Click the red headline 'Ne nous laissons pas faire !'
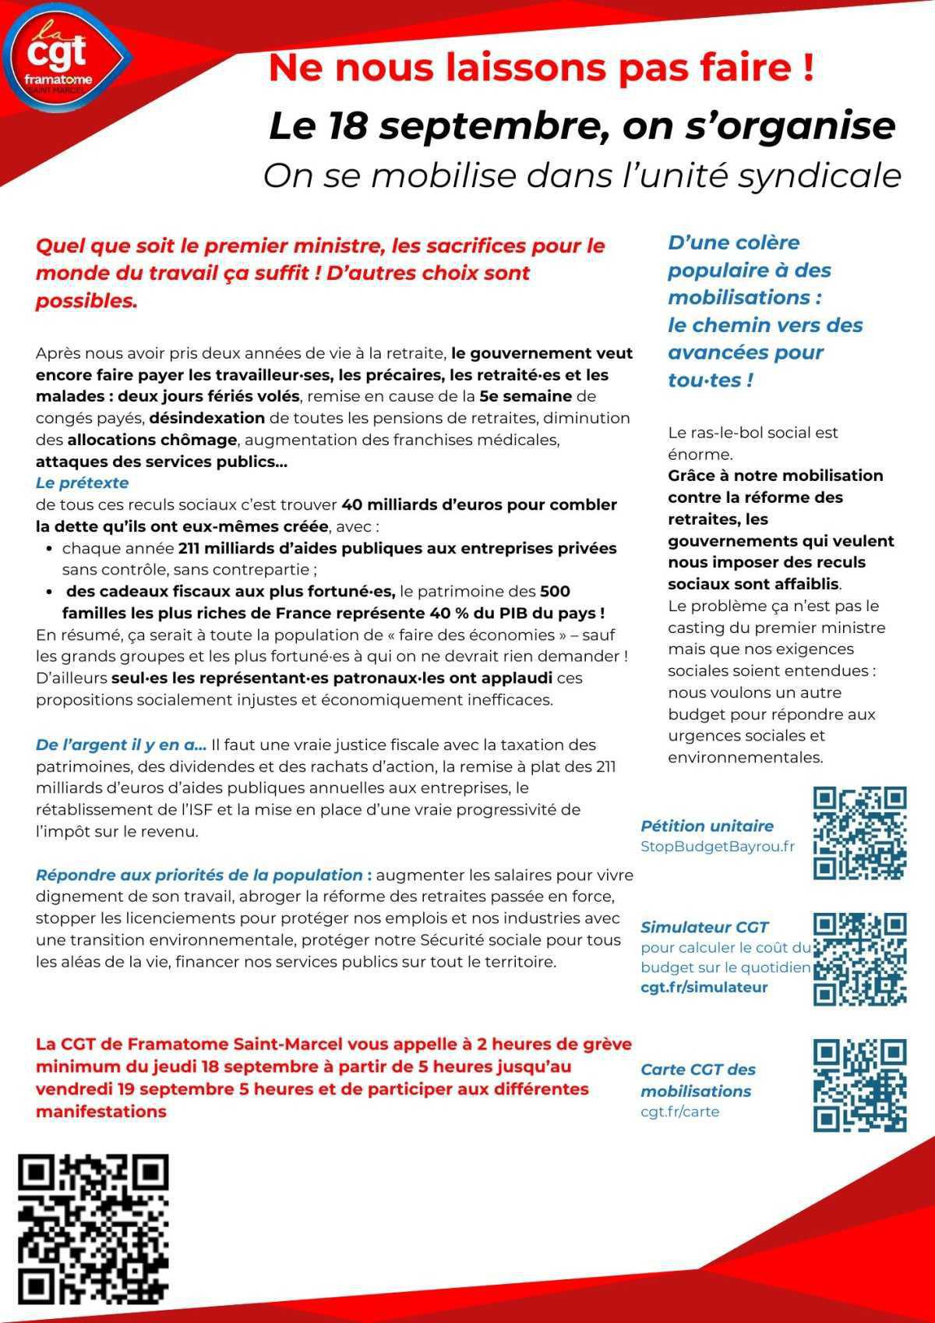coord(541,67)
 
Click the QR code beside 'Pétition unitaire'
coord(859,833)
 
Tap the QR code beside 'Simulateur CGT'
coord(859,958)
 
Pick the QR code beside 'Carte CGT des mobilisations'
coord(859,1084)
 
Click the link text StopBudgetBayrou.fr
coord(717,847)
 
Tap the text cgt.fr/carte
coord(679,1112)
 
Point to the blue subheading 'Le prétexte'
coord(82,483)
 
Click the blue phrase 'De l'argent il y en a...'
coord(121,745)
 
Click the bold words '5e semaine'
coord(525,396)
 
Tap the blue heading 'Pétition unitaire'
coord(707,826)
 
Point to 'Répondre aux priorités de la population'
coord(199,875)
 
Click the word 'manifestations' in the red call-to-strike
coord(101,1111)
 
